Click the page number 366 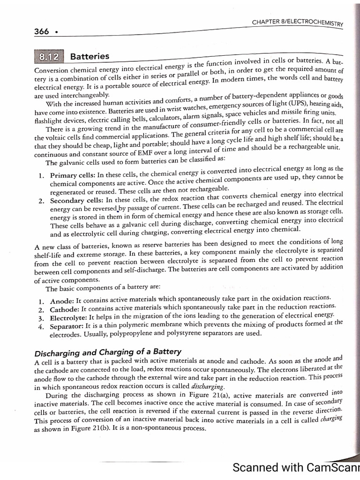coord(42,31)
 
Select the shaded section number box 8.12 coord(49,58)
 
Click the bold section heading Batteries coord(90,57)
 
